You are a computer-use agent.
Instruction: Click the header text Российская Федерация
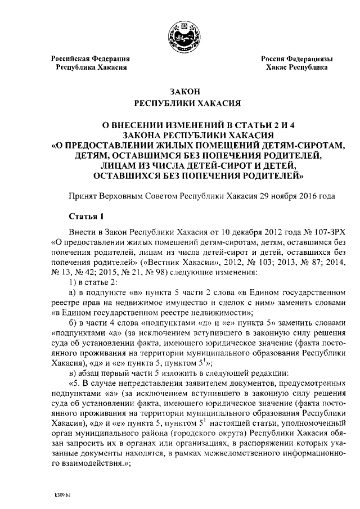tap(91, 58)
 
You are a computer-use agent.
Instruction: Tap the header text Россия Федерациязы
tap(296, 58)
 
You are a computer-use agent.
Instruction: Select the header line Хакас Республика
tap(298, 67)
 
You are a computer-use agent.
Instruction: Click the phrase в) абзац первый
tap(96, 374)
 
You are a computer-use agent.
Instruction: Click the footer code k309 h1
tap(58, 497)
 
